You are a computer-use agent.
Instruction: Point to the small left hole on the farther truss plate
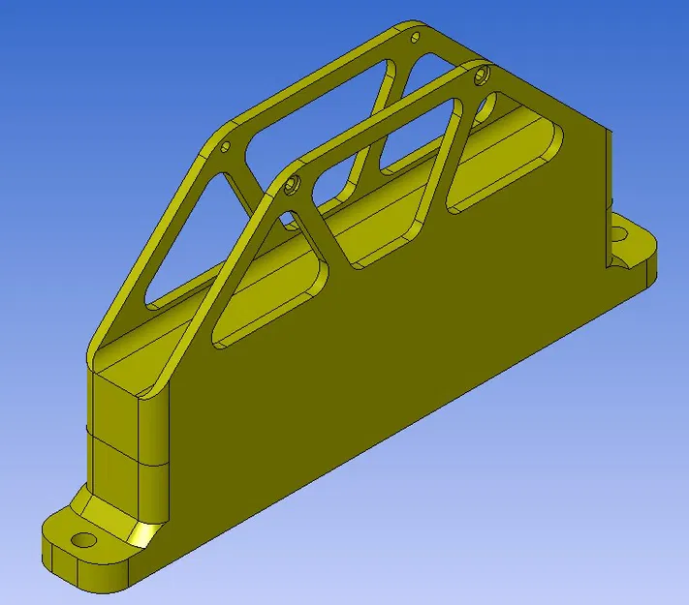pos(225,147)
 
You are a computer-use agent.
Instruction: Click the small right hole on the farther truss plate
pos(416,38)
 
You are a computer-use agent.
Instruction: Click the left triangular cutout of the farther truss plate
pos(189,242)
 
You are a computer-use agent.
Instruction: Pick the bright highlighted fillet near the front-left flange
pos(145,531)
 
